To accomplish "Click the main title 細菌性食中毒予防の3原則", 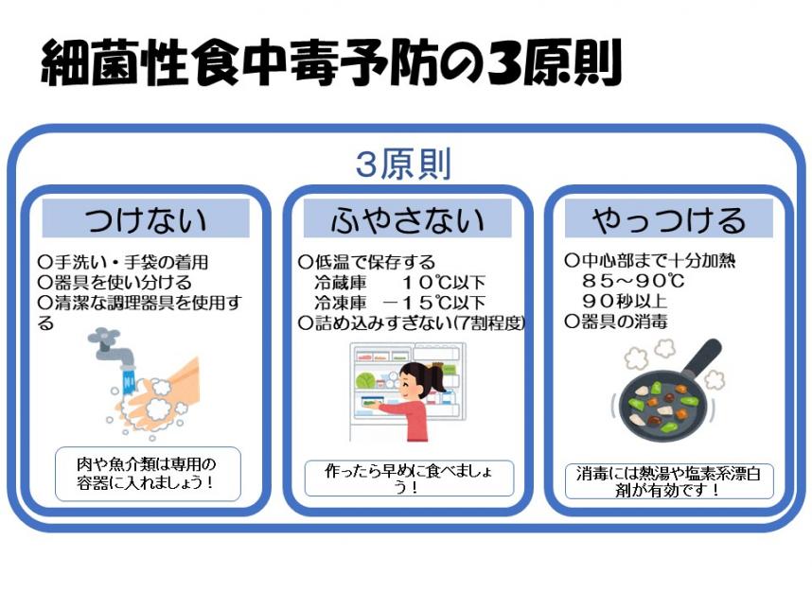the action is click(331, 62).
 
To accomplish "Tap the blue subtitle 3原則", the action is click(403, 164).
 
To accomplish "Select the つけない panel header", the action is click(146, 218).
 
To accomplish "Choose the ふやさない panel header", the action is click(408, 218).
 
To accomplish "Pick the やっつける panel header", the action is click(668, 218).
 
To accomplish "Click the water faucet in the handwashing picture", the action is click(112, 345).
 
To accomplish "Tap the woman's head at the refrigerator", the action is click(419, 380).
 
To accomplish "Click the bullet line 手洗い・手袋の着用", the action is click(123, 262).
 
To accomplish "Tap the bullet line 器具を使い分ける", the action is click(115, 283).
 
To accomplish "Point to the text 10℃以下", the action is click(444, 283).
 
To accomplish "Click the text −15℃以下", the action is click(434, 303).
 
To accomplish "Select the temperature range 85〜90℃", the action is click(633, 281).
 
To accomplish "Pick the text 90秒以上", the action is click(625, 301).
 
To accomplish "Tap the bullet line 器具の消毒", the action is click(616, 322).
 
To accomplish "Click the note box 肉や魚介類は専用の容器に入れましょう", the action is click(148, 474).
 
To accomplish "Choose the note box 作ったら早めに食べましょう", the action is click(409, 478).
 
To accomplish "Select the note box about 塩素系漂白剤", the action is click(669, 481).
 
